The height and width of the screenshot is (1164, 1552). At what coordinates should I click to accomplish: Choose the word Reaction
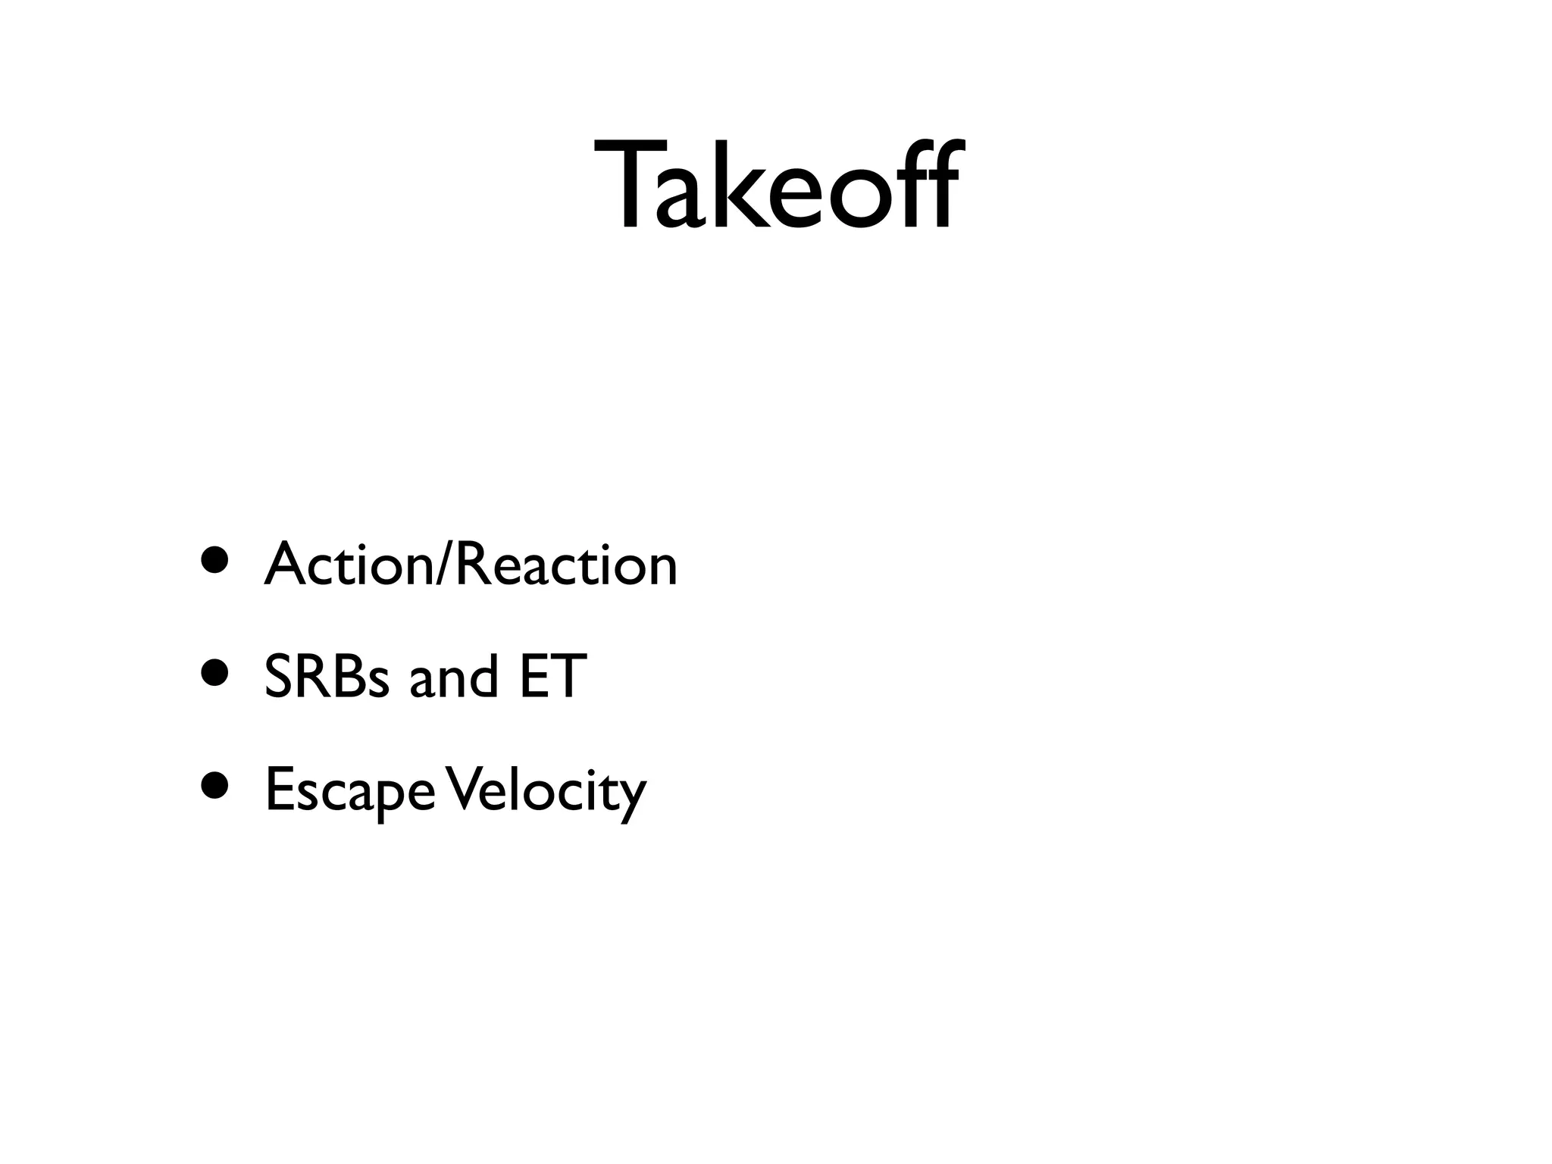[565, 565]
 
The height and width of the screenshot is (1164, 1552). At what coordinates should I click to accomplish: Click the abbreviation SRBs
[327, 676]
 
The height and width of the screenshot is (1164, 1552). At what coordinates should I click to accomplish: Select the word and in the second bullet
[453, 676]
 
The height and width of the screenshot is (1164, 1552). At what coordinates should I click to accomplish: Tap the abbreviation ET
[552, 676]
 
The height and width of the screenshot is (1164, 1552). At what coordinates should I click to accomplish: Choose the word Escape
[350, 790]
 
